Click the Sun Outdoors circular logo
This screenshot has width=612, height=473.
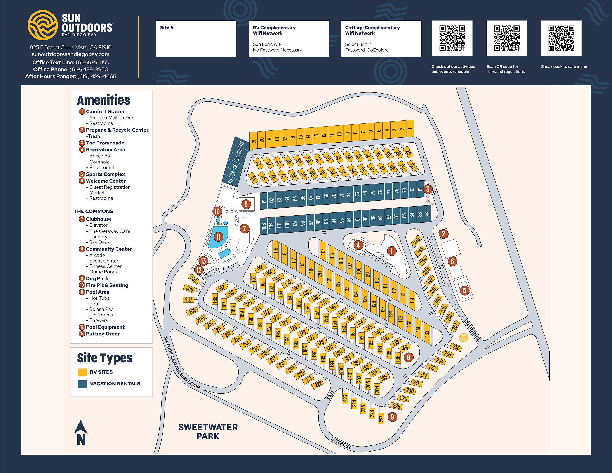(43, 25)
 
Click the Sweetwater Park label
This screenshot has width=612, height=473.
(208, 431)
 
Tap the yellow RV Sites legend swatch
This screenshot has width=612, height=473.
(82, 372)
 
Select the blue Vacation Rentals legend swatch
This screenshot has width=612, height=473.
(82, 384)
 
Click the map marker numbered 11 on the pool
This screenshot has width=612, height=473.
(218, 237)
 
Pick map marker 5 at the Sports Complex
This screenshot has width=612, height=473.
(464, 290)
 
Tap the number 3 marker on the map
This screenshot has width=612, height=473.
(427, 189)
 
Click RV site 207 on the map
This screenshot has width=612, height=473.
(189, 299)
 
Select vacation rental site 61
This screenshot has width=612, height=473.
(264, 201)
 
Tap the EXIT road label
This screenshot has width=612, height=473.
(331, 395)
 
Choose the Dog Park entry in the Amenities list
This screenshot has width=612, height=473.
(97, 278)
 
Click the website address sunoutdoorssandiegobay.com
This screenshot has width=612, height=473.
(71, 54)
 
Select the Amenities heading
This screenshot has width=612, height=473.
(103, 100)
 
